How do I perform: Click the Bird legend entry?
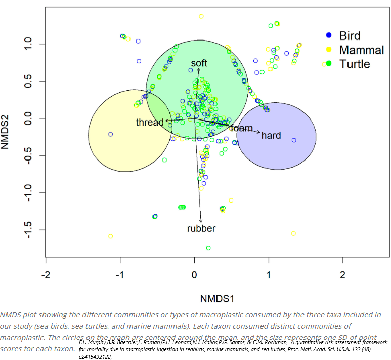[x=350, y=35]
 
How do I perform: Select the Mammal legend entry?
[x=361, y=50]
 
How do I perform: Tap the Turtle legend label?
[x=355, y=64]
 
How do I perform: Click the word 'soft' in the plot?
[x=199, y=63]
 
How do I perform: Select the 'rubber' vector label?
[x=201, y=228]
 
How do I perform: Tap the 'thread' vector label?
[x=150, y=122]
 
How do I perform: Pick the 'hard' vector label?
[x=271, y=135]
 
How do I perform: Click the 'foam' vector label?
[x=242, y=128]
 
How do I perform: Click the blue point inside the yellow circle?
[x=110, y=134]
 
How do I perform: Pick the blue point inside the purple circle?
[x=294, y=140]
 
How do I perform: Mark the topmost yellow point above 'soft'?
[x=201, y=16]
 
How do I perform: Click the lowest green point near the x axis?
[x=208, y=248]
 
